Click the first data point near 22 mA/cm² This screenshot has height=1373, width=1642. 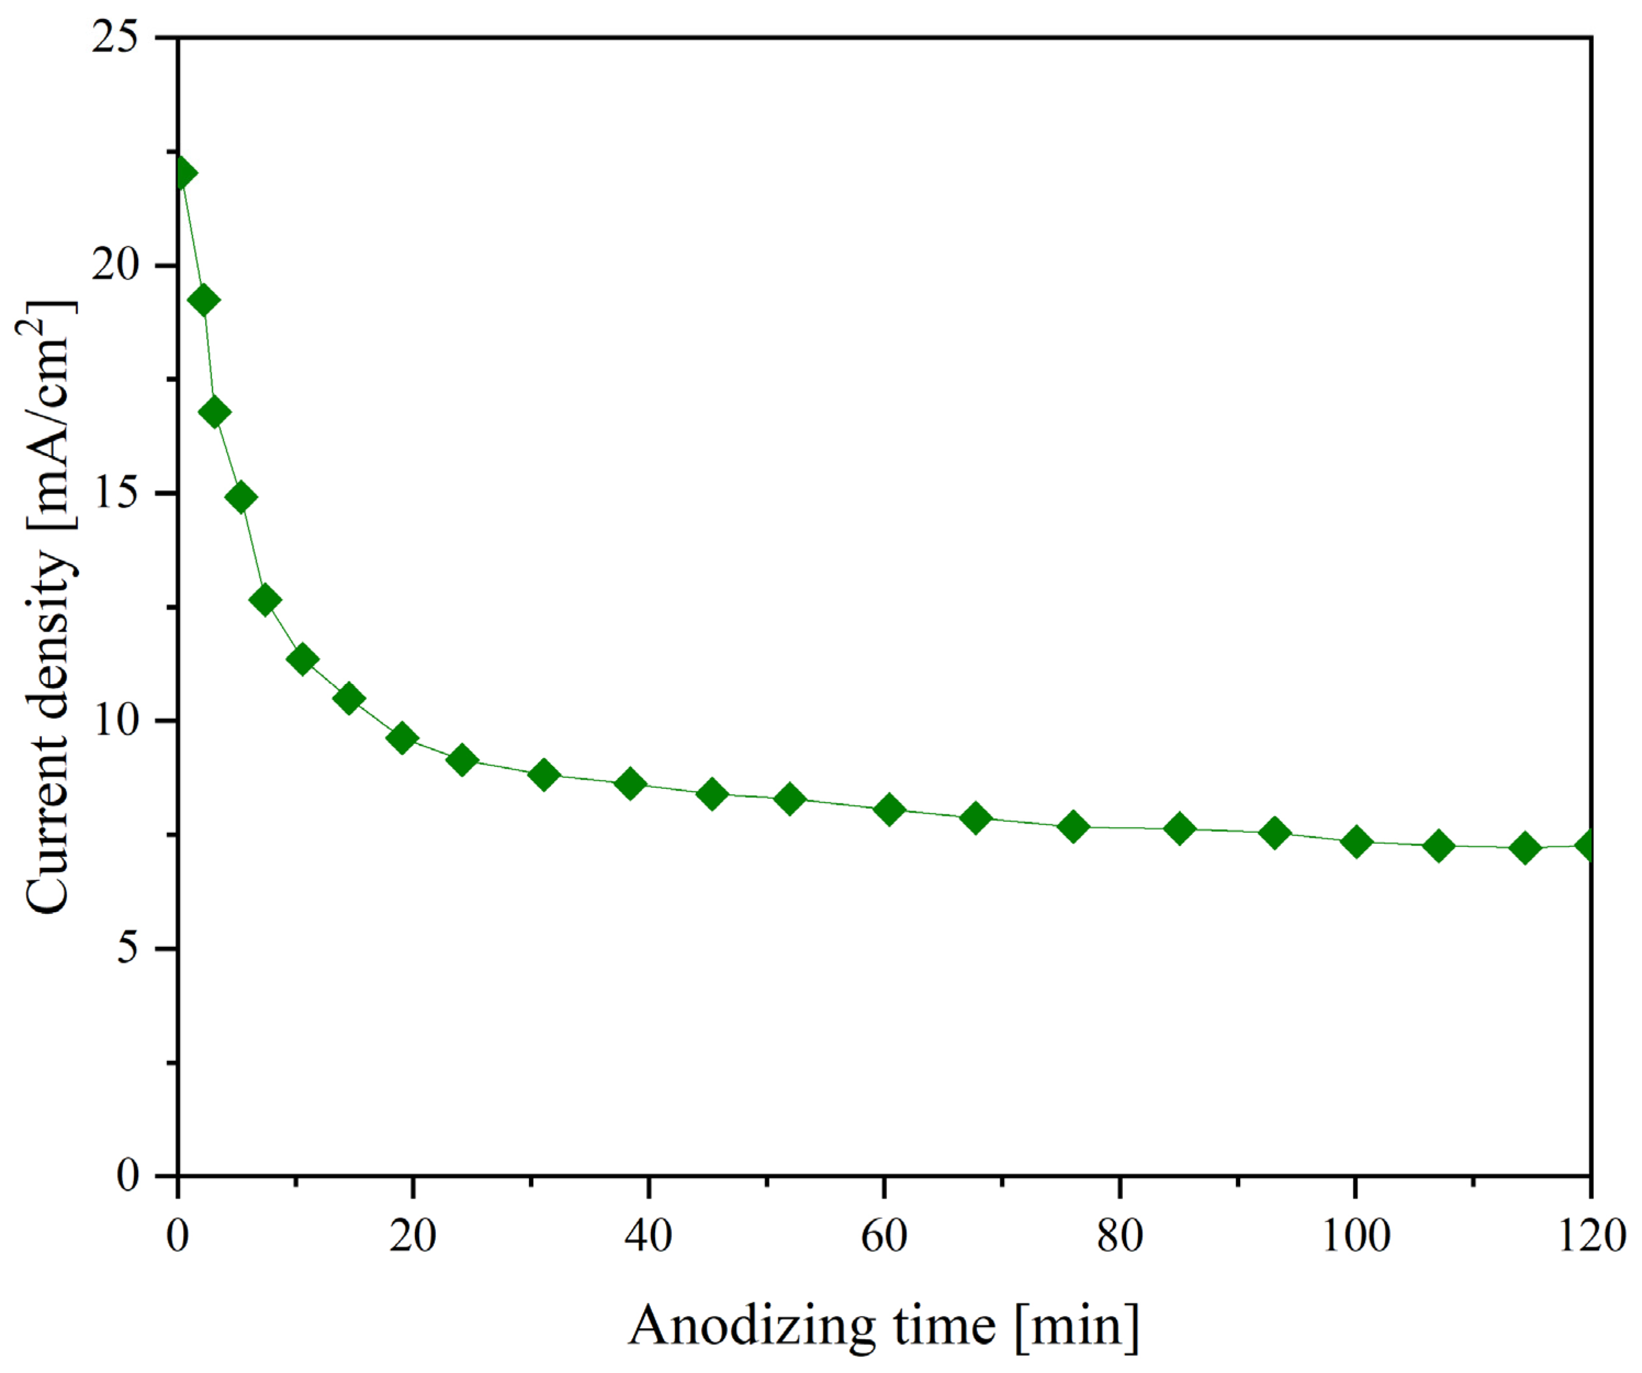[182, 173]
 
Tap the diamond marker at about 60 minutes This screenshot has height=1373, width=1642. [888, 809]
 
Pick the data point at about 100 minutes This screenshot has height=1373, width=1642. [1356, 842]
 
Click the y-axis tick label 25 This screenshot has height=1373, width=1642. [115, 37]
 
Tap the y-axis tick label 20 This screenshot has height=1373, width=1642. [115, 266]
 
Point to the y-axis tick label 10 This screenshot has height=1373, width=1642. [115, 721]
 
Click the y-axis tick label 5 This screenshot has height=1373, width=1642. [127, 949]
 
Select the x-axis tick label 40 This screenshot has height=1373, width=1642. [648, 1236]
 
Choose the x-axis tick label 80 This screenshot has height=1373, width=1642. [1120, 1236]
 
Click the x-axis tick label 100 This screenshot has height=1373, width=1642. [1355, 1236]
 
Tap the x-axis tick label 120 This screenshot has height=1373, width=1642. [1591, 1236]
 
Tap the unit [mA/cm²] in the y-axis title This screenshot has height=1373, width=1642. [48, 415]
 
